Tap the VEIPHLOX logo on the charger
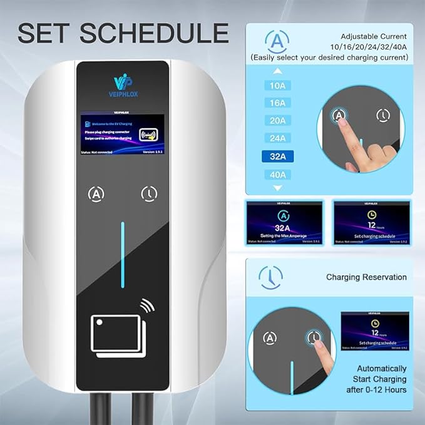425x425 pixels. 121,83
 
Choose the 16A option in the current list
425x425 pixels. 277,103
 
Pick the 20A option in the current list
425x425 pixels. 277,121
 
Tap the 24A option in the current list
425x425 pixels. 277,138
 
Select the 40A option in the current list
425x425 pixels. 277,175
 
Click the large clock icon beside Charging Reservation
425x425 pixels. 270,276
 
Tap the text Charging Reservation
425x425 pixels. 366,277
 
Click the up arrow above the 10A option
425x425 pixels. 277,71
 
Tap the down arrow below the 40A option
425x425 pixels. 277,188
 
